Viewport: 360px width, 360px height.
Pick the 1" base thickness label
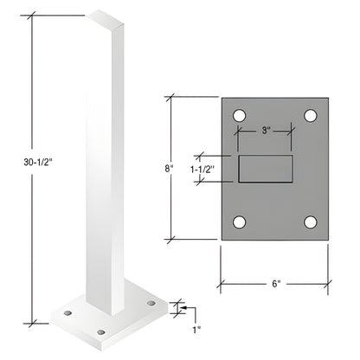pos(196,328)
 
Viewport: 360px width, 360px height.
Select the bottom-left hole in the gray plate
pos(240,222)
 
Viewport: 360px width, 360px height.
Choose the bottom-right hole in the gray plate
pos(310,222)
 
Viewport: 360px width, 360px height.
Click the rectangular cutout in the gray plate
pos(266,169)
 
